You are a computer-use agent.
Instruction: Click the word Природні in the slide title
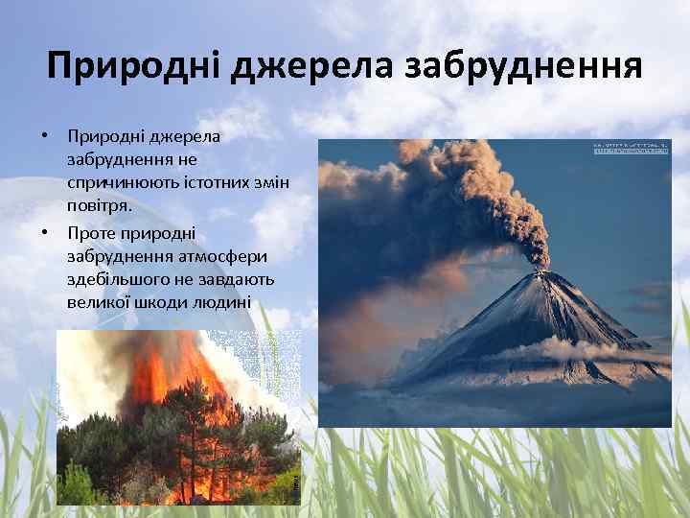(x=129, y=68)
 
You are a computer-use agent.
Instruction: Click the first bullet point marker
(x=44, y=135)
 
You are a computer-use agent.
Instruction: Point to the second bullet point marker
(x=44, y=232)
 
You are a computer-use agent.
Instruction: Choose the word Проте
(x=90, y=232)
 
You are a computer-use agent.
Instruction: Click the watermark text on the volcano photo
(x=631, y=148)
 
